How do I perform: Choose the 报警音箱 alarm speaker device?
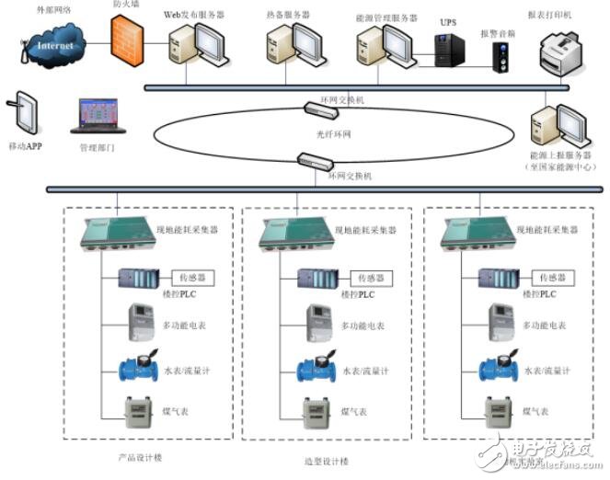point(502,58)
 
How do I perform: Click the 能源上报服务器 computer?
point(550,126)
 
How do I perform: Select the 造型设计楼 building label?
point(324,461)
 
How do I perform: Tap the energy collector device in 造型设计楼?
point(293,234)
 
